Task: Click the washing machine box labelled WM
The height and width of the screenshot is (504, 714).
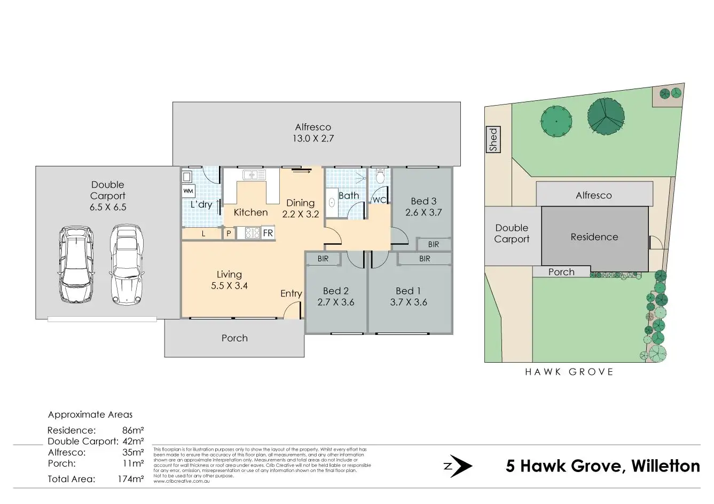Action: coord(189,190)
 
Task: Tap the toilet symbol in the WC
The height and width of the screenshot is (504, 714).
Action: coord(380,176)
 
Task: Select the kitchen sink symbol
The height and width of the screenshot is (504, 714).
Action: coord(254,174)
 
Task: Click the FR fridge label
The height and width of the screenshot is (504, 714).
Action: coord(268,233)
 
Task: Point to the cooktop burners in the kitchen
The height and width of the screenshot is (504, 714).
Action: coord(252,233)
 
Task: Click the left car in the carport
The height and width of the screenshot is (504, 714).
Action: coord(76,265)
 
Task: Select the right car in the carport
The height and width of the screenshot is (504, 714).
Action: coord(127,265)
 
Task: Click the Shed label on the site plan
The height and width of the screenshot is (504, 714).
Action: coord(493,139)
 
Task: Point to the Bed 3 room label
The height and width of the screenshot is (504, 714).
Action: coord(423,201)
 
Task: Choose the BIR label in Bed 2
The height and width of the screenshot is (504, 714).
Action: coord(323,259)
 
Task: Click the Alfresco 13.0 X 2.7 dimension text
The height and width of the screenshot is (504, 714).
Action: coord(313,138)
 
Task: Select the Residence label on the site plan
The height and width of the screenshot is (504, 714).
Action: coord(594,237)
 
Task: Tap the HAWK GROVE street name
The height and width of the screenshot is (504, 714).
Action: coord(569,372)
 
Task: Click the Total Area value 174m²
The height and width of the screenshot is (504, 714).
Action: coord(131,479)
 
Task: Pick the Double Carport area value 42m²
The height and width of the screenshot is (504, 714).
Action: coord(133,441)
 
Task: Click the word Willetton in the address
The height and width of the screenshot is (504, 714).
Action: coord(665,466)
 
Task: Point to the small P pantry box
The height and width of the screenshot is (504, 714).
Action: coord(229,233)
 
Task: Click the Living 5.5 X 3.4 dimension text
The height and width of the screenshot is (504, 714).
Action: coord(229,285)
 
